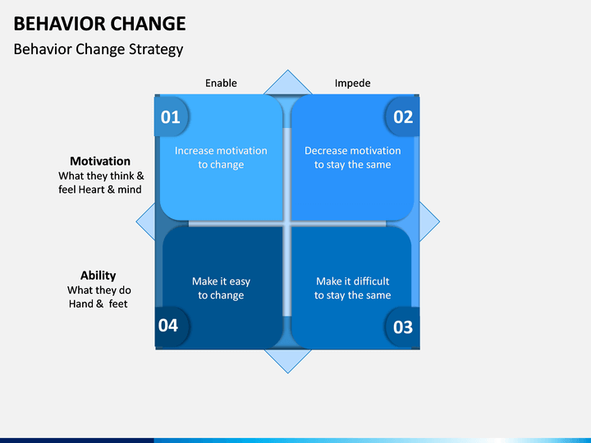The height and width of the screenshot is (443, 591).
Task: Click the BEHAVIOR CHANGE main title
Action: [99, 24]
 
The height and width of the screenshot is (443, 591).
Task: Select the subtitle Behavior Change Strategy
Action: [98, 49]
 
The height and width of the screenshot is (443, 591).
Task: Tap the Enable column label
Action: [221, 83]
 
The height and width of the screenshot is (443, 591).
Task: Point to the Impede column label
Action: [352, 83]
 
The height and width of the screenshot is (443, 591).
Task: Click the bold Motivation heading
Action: [100, 162]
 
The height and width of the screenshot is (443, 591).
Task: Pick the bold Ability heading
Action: [98, 276]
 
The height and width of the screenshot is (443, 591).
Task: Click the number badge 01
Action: [171, 116]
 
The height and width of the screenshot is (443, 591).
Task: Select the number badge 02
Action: [403, 116]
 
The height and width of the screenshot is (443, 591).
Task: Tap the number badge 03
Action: [403, 327]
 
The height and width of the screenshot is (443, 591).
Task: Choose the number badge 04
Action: [168, 326]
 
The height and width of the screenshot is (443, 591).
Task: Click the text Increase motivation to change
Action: [221, 158]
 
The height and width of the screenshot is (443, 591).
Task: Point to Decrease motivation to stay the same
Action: [352, 158]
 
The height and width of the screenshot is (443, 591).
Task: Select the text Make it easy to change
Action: [221, 288]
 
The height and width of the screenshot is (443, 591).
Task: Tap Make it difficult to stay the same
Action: [352, 288]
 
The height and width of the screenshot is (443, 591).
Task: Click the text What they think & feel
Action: [100, 183]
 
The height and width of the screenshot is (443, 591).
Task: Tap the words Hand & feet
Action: [98, 304]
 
